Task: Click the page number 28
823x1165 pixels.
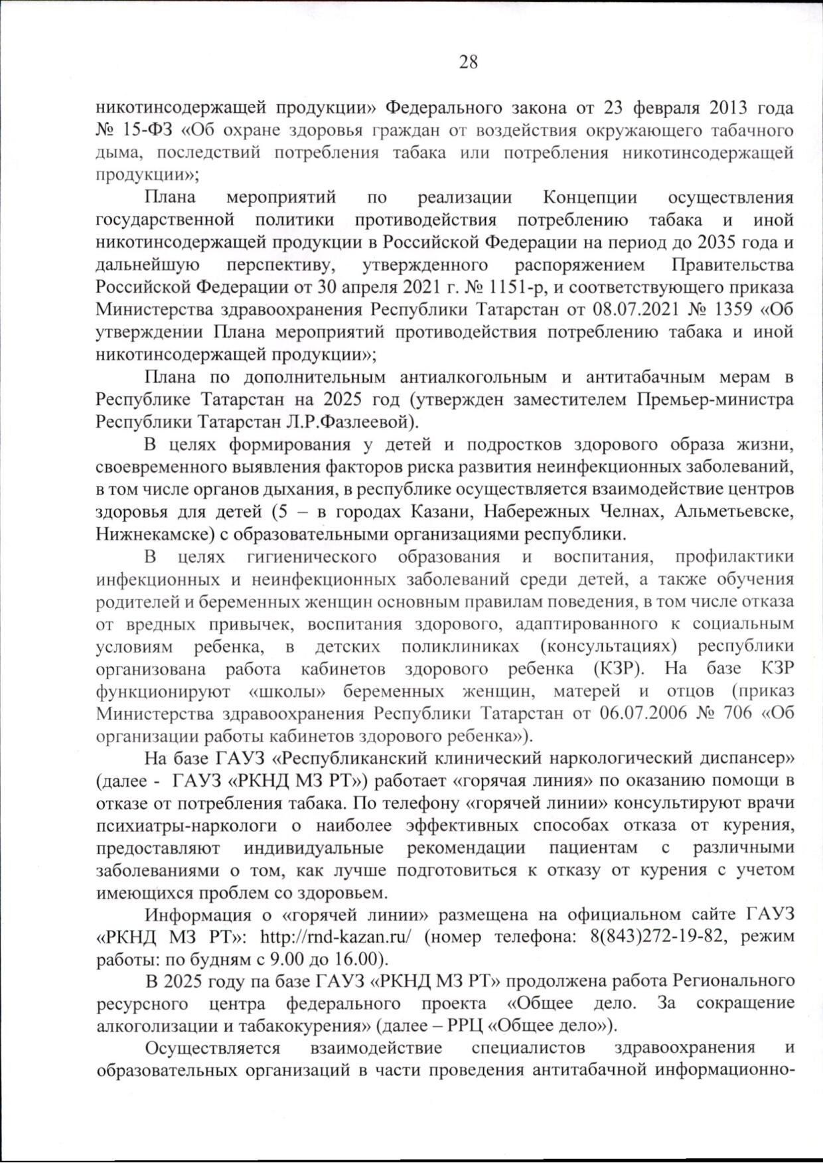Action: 468,62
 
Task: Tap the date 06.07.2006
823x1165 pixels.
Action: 641,713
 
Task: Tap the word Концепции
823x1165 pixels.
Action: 590,197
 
